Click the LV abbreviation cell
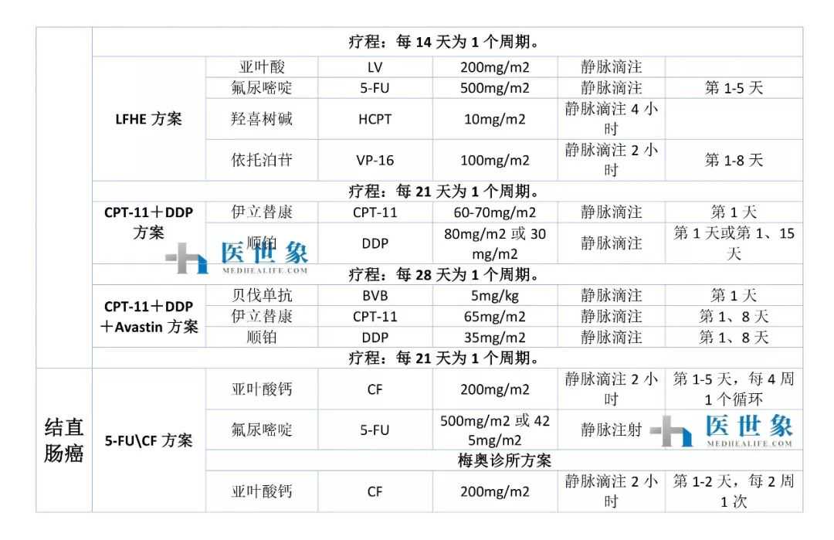coord(375,67)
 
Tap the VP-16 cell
coord(375,161)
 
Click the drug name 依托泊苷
coord(262,161)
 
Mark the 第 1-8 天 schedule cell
coord(734,161)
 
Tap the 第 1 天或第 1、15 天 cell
coord(734,243)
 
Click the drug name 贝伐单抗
coord(262,295)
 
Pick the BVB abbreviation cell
coord(375,295)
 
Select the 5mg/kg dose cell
coord(495,295)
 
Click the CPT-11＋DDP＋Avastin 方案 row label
coord(148,317)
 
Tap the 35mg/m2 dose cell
coord(495,338)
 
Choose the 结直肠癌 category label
coord(63,440)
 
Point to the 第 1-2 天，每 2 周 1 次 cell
coord(734,492)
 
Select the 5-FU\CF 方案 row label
coord(148,441)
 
